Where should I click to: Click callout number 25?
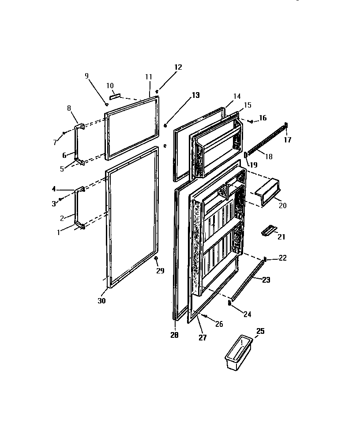(x=260, y=331)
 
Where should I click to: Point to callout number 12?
(x=178, y=67)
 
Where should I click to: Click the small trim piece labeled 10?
(x=115, y=96)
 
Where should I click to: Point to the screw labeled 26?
(x=206, y=316)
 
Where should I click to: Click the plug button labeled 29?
(x=156, y=258)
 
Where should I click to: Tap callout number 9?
(x=86, y=76)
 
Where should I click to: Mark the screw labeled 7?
(x=64, y=132)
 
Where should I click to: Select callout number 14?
(x=236, y=96)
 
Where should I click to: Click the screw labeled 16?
(x=251, y=121)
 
